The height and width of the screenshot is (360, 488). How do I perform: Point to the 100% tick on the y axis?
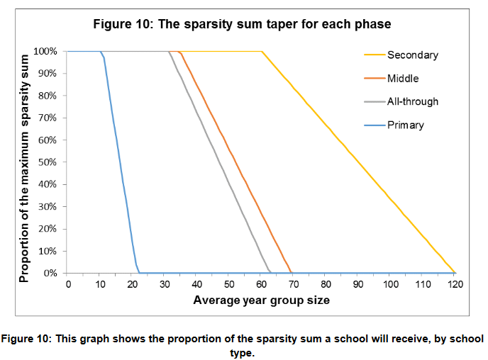(45, 51)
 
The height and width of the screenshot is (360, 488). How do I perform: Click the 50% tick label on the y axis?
(48, 162)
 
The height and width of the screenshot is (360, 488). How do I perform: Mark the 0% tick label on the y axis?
(50, 274)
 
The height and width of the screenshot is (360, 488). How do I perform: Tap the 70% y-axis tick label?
(48, 118)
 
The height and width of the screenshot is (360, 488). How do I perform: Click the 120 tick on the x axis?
(455, 284)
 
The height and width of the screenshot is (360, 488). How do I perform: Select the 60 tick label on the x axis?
(262, 284)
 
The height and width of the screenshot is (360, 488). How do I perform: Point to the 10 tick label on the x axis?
(100, 284)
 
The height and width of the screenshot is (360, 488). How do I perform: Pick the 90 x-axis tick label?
(358, 284)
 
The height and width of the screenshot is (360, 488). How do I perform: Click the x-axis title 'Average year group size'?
(262, 300)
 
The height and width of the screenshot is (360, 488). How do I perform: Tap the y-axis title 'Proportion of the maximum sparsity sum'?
(24, 168)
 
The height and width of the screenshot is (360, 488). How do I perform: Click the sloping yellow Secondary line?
(358, 162)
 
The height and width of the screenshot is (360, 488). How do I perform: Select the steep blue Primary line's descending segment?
(120, 162)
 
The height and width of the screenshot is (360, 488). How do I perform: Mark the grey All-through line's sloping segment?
(220, 162)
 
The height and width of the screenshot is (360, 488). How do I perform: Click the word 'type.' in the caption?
(242, 353)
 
